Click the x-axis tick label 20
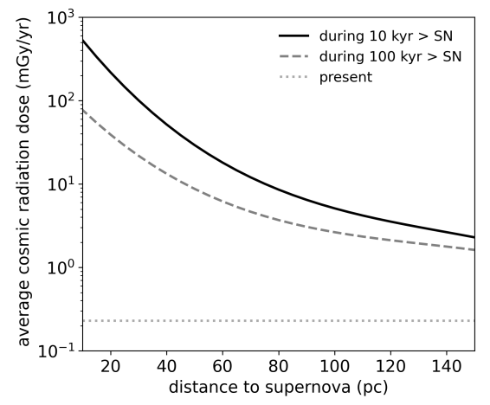110,367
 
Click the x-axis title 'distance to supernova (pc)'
279,389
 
